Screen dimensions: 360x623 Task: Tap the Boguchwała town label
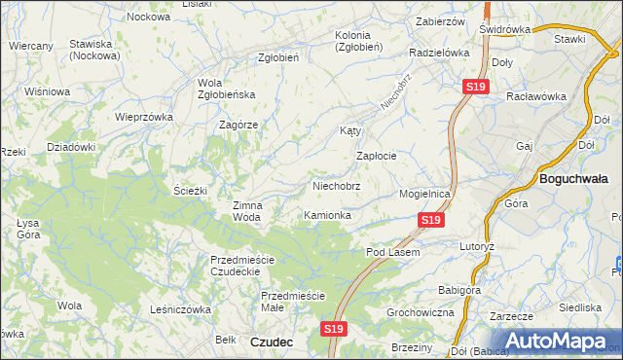pos(573,179)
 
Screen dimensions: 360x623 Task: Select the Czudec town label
pos(272,342)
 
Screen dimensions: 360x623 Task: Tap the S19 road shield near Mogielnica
pos(432,222)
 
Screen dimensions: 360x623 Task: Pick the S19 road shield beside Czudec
pos(333,330)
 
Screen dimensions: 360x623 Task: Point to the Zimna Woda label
pos(246,211)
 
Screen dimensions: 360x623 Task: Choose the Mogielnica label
pos(425,194)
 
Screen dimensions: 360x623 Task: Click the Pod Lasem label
pos(392,252)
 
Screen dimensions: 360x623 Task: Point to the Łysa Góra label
pos(28,229)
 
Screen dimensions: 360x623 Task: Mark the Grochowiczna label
pos(421,313)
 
